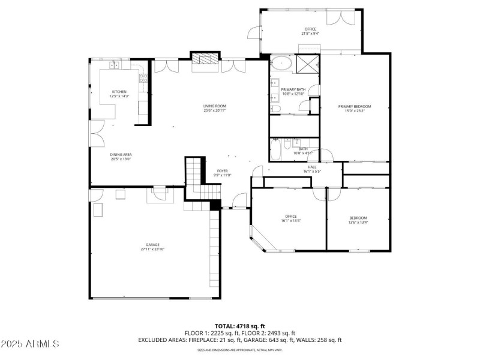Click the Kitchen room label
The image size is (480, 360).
click(119, 94)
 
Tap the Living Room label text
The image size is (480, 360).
click(214, 108)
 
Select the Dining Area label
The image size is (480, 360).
click(121, 157)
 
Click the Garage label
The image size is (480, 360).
click(152, 247)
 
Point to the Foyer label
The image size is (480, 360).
click(222, 173)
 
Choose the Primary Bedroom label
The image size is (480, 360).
click(358, 109)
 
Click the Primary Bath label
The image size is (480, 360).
click(293, 92)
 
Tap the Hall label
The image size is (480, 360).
click(312, 169)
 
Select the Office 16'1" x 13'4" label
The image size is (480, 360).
click(291, 218)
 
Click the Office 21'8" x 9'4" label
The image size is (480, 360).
click(310, 31)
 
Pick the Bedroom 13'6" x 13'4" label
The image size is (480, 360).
click(358, 220)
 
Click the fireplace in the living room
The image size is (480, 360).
click(205, 59)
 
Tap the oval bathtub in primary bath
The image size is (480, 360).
click(280, 64)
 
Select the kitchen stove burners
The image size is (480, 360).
click(143, 77)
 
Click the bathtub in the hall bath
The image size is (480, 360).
click(275, 150)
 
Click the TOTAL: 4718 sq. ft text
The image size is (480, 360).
click(239, 326)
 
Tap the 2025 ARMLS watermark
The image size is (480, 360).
click(30, 344)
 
